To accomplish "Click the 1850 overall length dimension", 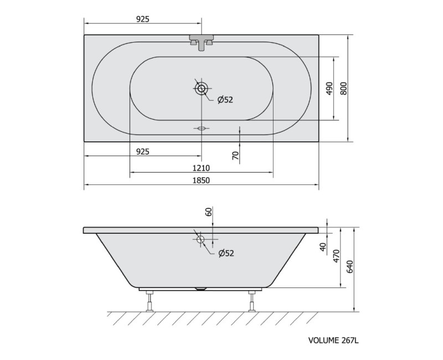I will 202,181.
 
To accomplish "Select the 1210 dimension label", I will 202,168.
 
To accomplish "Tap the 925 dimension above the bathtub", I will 143,19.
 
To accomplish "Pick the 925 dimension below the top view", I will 143,151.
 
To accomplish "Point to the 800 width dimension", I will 343,88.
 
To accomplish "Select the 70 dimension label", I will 235,156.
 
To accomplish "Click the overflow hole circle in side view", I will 200,239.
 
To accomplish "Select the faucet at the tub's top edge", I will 202,42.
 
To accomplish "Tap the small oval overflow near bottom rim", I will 202,128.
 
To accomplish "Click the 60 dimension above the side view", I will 209,212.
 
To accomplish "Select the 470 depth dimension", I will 335,257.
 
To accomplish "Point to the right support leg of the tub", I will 253,302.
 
